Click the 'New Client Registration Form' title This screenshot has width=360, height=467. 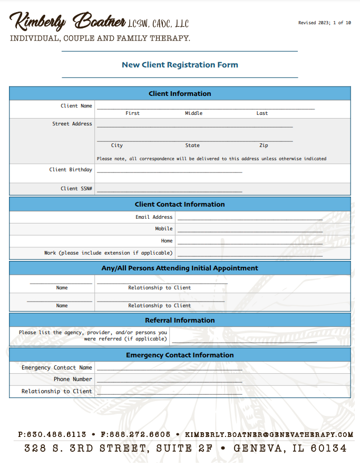(x=180, y=65)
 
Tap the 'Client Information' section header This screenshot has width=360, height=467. (x=180, y=94)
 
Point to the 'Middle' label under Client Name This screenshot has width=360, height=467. (x=193, y=113)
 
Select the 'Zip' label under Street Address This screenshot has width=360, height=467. (x=264, y=145)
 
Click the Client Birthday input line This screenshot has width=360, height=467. (x=169, y=171)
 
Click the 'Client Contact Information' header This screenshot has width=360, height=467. (x=180, y=205)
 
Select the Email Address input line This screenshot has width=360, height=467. (x=250, y=218)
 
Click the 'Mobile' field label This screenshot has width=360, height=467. (x=163, y=229)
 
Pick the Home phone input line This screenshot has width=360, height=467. (x=250, y=242)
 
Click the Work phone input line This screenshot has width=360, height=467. (x=250, y=255)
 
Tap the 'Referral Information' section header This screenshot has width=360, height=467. (x=180, y=320)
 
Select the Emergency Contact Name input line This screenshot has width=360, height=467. (x=169, y=369)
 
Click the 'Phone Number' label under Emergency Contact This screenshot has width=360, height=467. (x=73, y=380)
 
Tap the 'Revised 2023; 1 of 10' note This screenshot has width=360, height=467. (x=324, y=23)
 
